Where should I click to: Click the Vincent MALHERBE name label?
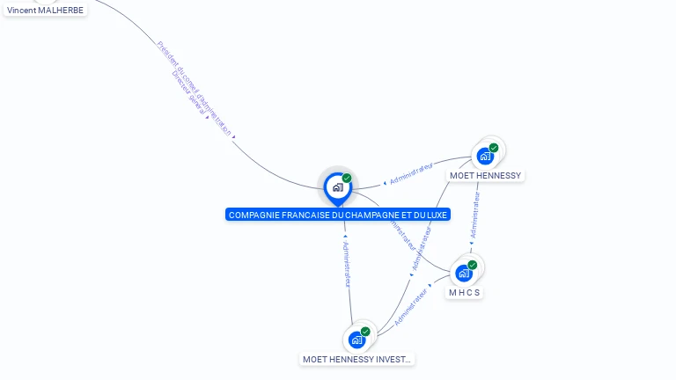[x=46, y=10]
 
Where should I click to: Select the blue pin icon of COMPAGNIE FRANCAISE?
[x=337, y=187]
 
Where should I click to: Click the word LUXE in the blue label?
[x=436, y=215]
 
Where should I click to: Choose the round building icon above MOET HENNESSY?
[x=484, y=157]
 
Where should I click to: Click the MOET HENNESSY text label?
[x=486, y=175]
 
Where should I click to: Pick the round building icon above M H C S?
[x=464, y=273]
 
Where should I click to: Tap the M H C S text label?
[x=465, y=292]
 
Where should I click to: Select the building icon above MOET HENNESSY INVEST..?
[x=356, y=340]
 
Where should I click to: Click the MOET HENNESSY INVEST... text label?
[x=356, y=359]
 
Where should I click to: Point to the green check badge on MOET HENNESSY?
[x=494, y=148]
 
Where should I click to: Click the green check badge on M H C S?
[x=473, y=265]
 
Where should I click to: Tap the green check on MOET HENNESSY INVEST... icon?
[x=365, y=332]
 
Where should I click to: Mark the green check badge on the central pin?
[x=347, y=178]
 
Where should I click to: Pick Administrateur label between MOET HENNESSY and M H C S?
[x=475, y=216]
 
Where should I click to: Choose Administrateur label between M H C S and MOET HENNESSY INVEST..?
[x=410, y=307]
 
